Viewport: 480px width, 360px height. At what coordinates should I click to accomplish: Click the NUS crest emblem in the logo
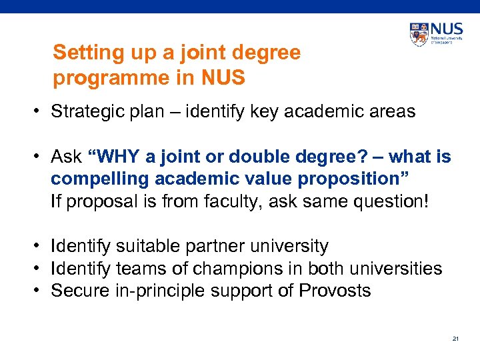point(420,34)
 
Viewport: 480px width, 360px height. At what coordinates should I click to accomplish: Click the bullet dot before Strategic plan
point(41,111)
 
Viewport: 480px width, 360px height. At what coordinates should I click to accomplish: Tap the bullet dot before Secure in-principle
point(41,291)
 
